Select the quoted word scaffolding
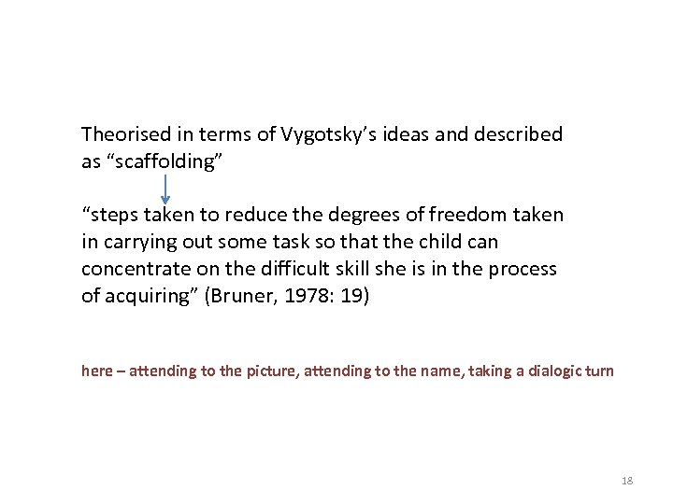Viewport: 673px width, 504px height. click(x=165, y=161)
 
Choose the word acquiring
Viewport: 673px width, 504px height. click(x=144, y=296)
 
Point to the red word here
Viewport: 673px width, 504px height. click(x=96, y=371)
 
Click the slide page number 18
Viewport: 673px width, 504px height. click(x=626, y=481)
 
